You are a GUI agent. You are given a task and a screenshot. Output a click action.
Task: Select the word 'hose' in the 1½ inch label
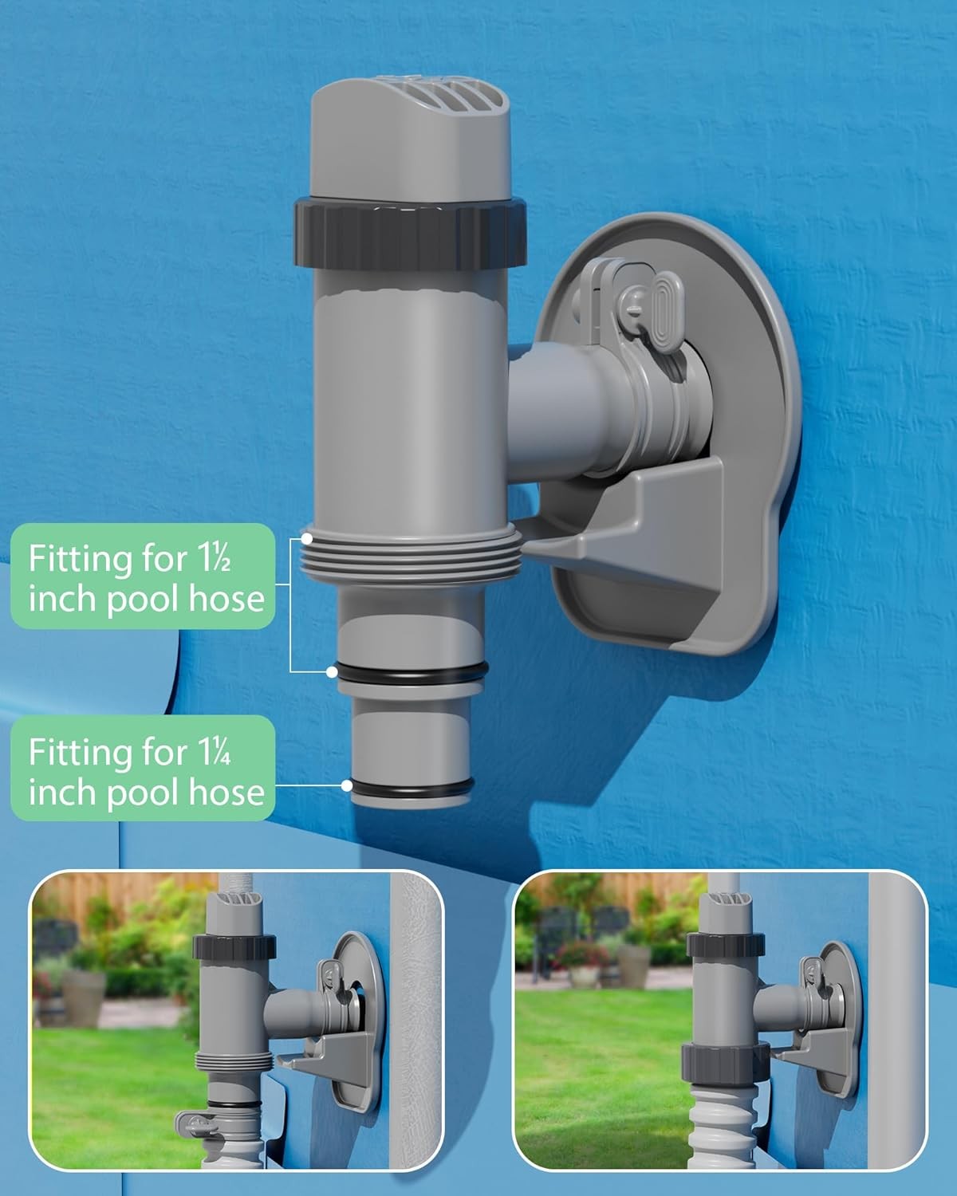point(226,598)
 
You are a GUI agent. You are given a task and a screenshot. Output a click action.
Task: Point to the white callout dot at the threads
point(307,539)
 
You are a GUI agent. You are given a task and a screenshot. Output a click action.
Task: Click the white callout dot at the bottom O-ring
point(347,785)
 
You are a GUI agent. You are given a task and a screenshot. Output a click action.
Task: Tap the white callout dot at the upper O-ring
point(332,671)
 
